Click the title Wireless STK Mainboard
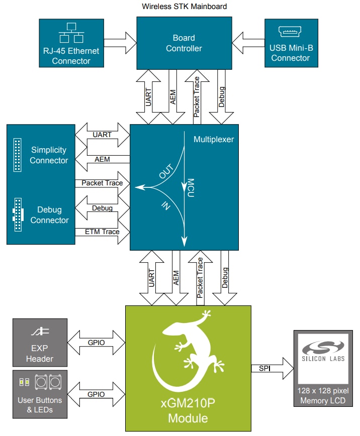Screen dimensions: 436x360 point(184,7)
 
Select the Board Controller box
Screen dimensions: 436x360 point(184,43)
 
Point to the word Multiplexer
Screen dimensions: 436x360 point(214,139)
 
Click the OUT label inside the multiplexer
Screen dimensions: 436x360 point(165,173)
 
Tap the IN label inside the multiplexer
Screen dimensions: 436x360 point(164,205)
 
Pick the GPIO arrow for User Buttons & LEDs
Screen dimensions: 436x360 point(96,394)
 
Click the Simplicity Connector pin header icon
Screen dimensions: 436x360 point(18,154)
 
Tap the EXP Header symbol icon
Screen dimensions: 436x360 point(39,333)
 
